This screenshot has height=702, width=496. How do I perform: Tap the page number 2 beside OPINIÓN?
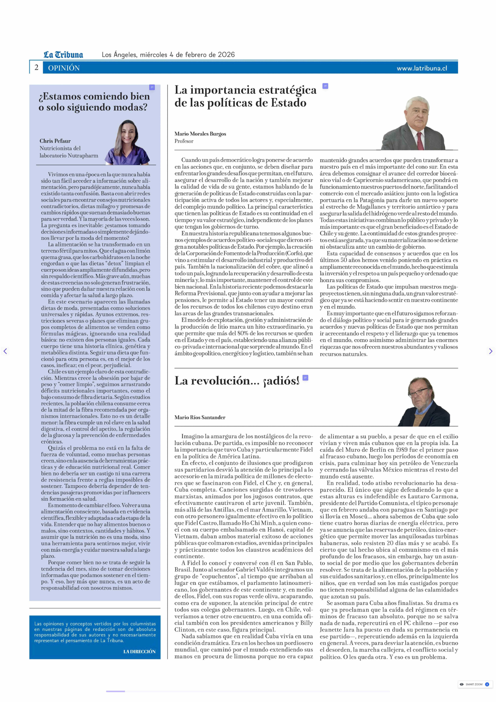36,68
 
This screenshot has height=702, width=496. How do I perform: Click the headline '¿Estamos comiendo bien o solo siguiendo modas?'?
94,102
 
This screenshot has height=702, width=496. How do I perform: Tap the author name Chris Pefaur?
55,141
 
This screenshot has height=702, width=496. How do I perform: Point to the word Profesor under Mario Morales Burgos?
184,141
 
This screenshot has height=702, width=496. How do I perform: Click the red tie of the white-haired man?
420,141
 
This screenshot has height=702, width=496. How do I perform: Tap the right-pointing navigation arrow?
491,351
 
